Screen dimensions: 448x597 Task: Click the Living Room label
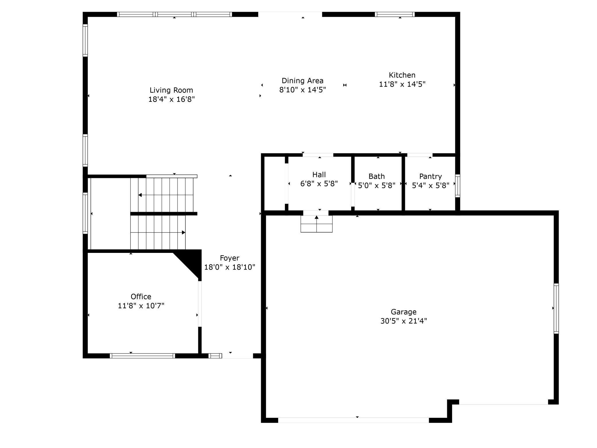pyautogui.click(x=171, y=90)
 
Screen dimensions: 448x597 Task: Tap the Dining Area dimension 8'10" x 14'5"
pyautogui.click(x=303, y=90)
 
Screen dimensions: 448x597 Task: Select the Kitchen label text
pyautogui.click(x=402, y=75)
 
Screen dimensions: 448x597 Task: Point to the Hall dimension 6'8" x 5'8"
pyautogui.click(x=319, y=184)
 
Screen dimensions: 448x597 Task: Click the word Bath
pyautogui.click(x=376, y=176)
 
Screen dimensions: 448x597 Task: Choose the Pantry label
pyautogui.click(x=430, y=176)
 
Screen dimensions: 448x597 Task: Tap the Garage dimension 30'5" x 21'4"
pyautogui.click(x=403, y=321)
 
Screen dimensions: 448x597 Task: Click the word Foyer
pyautogui.click(x=229, y=258)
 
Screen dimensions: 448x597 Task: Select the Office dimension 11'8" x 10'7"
pyautogui.click(x=141, y=305)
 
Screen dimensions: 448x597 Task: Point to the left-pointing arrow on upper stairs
pyautogui.click(x=140, y=195)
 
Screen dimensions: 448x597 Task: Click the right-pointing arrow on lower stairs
pyautogui.click(x=183, y=232)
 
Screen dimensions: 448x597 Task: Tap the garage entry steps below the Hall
pyautogui.click(x=316, y=224)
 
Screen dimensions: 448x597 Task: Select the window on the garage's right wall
pyautogui.click(x=556, y=308)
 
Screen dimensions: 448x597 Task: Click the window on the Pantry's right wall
pyautogui.click(x=458, y=186)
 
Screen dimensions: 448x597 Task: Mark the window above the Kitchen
pyautogui.click(x=394, y=14)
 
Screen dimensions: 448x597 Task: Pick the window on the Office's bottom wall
pyautogui.click(x=142, y=356)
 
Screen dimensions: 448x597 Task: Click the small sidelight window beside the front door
pyautogui.click(x=215, y=356)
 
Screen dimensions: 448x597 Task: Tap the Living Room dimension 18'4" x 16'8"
pyautogui.click(x=171, y=99)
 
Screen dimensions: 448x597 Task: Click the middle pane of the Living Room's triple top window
pyautogui.click(x=175, y=14)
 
